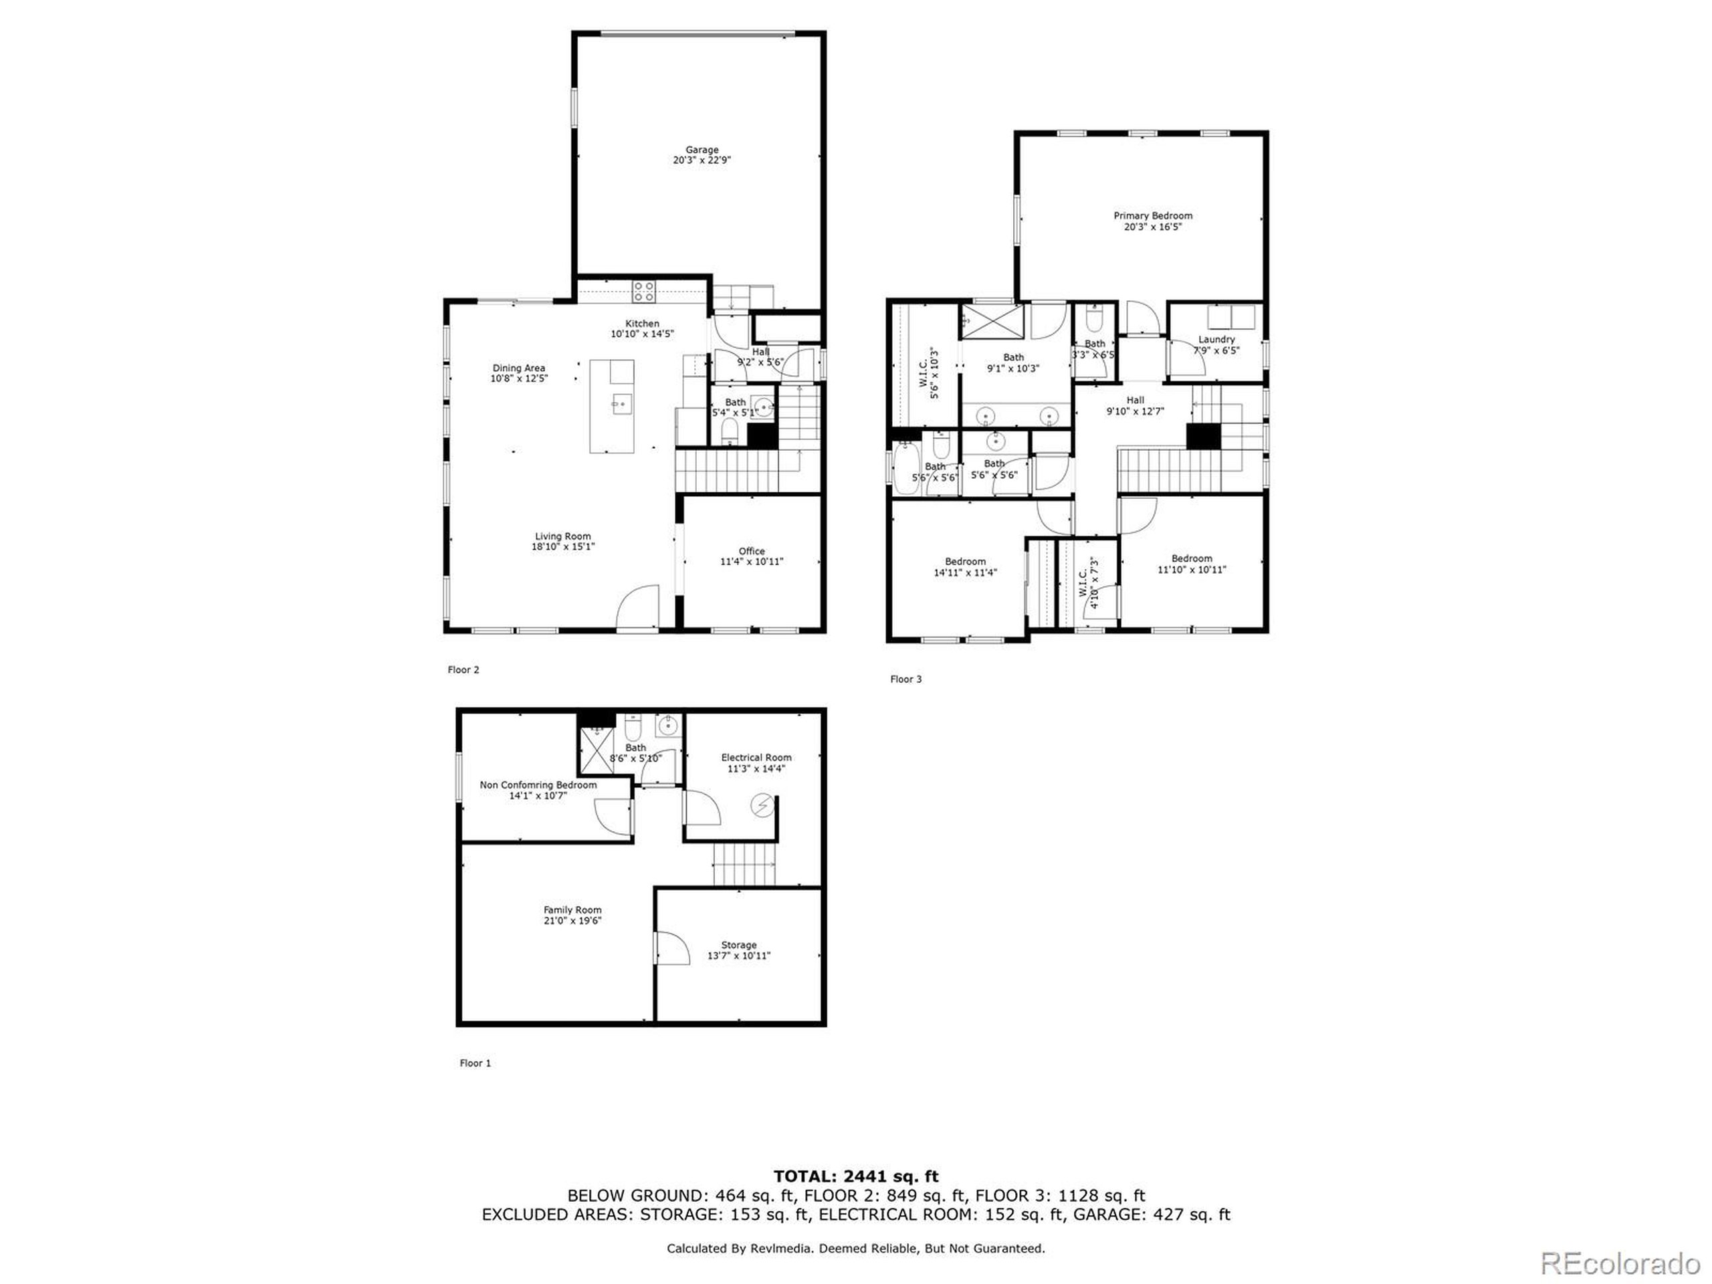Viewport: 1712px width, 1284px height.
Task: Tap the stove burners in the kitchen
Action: click(x=644, y=291)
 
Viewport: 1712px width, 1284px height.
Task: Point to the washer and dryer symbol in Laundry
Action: click(x=1231, y=318)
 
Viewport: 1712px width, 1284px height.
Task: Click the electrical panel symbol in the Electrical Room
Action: click(x=762, y=807)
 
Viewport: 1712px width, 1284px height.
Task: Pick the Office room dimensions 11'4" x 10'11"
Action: click(x=752, y=561)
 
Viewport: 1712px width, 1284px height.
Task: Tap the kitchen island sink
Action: click(x=621, y=403)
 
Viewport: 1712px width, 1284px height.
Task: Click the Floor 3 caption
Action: click(x=905, y=679)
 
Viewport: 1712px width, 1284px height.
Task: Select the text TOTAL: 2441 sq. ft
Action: click(x=855, y=1177)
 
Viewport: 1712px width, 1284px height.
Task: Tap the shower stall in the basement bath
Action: click(x=596, y=751)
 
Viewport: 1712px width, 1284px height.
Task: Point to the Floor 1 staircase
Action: click(x=744, y=864)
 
